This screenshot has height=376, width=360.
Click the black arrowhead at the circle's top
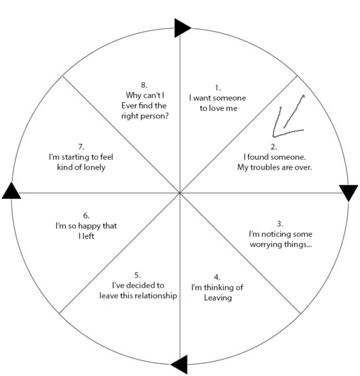(182, 28)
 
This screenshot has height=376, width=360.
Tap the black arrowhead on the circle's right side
(349, 192)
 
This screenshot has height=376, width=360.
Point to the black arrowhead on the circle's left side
(11, 192)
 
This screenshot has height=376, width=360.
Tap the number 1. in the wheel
(218, 88)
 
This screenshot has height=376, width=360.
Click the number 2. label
(273, 147)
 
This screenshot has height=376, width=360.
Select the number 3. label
(280, 224)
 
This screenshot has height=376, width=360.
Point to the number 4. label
(217, 277)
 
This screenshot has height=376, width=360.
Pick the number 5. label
(137, 275)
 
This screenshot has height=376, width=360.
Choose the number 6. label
(86, 216)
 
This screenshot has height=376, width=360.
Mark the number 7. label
(81, 147)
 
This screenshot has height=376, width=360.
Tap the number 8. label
(144, 85)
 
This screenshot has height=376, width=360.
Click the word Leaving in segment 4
(218, 298)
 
